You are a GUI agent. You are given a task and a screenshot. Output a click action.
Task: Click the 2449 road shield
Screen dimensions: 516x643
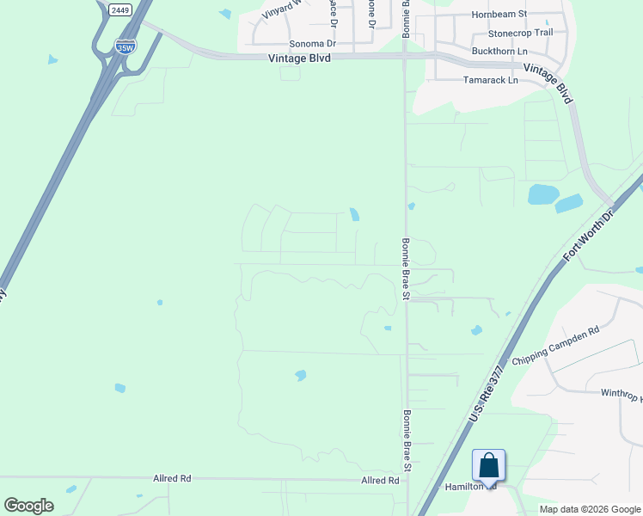[x=120, y=10]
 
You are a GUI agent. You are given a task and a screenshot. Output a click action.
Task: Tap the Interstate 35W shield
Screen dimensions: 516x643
[x=126, y=46]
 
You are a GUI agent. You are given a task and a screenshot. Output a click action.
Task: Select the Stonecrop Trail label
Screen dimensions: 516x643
[x=520, y=33]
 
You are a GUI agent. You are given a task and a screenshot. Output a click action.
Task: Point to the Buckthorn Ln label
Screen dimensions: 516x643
[x=499, y=51]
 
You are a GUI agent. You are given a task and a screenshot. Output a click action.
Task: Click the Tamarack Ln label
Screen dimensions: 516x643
[x=490, y=80]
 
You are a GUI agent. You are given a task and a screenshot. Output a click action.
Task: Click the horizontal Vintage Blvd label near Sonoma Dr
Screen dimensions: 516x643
[x=299, y=58]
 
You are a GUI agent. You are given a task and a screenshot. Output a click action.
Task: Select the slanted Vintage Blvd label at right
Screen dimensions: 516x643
[x=548, y=83]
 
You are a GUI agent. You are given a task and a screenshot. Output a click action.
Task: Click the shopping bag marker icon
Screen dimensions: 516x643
[x=488, y=466]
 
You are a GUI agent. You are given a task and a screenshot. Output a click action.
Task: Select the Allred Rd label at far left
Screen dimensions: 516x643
[x=172, y=477]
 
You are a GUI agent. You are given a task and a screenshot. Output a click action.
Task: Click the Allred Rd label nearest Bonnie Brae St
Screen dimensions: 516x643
[x=380, y=481]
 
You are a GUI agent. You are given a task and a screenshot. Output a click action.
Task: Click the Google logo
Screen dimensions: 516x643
[x=28, y=506]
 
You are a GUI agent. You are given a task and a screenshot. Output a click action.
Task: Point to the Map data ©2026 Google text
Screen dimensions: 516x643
[x=589, y=509]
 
